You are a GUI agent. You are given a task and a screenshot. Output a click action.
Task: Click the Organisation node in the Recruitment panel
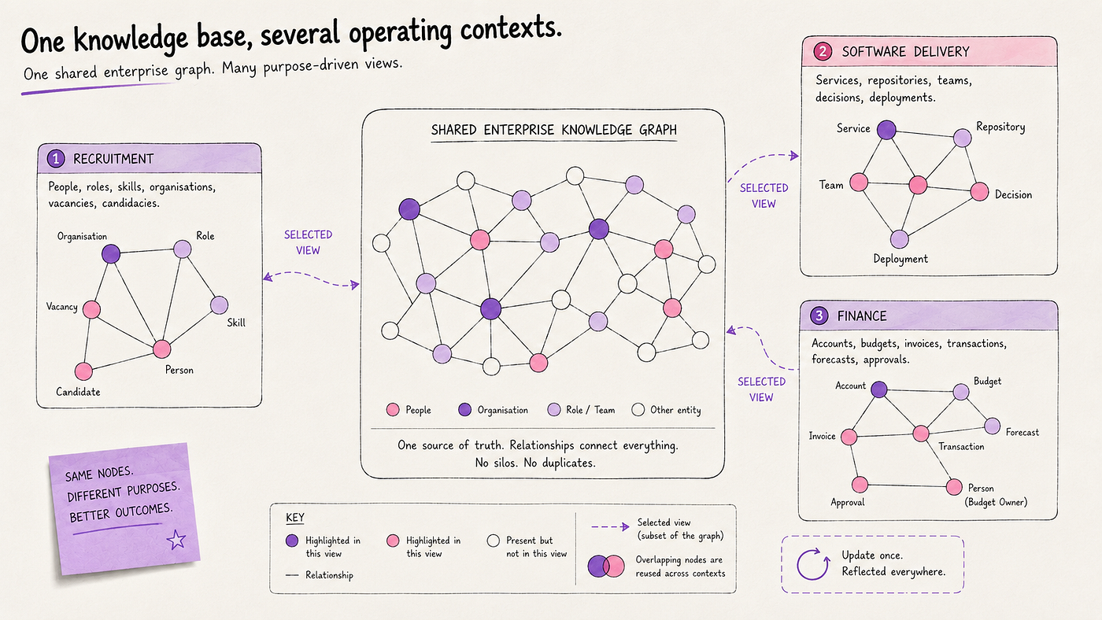tap(111, 253)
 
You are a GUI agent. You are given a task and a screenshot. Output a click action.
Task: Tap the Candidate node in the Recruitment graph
tap(83, 371)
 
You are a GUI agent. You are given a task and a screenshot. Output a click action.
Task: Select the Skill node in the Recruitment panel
tap(219, 304)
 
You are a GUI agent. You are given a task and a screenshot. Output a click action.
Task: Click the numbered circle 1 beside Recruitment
tap(56, 158)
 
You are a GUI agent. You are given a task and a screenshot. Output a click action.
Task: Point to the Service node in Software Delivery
tap(886, 130)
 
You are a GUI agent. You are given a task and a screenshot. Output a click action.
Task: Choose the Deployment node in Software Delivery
tap(899, 239)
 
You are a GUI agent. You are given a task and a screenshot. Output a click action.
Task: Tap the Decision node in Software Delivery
tap(979, 191)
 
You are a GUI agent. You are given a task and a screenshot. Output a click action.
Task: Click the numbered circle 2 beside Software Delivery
tap(823, 51)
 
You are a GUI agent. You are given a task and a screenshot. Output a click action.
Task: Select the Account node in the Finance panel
tap(878, 389)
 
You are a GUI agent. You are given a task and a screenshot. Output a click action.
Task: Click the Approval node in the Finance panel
tap(860, 485)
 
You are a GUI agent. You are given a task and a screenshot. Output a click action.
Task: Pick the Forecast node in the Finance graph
tap(993, 426)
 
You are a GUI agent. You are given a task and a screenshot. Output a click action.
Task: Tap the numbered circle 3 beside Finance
tap(819, 316)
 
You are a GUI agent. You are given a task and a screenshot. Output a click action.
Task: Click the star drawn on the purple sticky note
tap(176, 540)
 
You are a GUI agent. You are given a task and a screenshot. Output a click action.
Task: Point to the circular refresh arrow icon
tap(812, 564)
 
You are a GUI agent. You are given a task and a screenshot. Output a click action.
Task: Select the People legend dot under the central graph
tap(393, 410)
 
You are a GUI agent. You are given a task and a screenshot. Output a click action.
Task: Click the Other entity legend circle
tap(638, 410)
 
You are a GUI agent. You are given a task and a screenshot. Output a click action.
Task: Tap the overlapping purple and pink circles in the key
tap(606, 566)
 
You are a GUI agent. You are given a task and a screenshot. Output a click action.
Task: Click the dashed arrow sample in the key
tap(610, 526)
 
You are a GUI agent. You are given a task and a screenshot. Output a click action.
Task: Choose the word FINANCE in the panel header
tap(862, 316)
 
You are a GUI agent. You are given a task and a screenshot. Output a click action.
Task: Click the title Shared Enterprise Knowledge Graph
tap(554, 130)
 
